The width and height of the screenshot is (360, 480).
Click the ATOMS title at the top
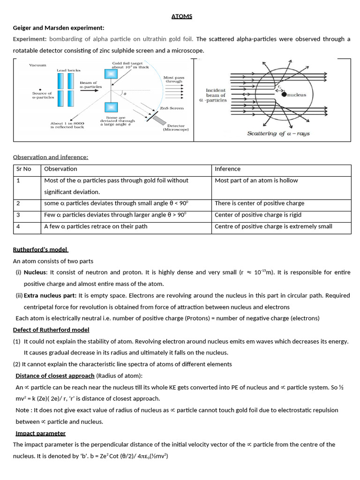click(181, 16)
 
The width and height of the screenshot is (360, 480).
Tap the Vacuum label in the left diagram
click(37, 65)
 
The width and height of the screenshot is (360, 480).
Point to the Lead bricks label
click(68, 70)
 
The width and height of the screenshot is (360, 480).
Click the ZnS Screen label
click(172, 108)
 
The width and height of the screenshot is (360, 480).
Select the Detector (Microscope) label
click(176, 127)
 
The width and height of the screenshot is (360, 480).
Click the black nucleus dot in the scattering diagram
click(284, 94)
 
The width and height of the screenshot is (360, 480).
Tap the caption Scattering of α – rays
click(278, 133)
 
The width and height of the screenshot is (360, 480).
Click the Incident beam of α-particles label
click(216, 95)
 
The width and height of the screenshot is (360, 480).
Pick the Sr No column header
click(24, 169)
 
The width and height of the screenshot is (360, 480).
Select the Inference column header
click(227, 169)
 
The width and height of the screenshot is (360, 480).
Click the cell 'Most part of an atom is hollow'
click(256, 180)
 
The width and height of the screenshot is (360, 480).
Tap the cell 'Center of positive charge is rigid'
click(258, 215)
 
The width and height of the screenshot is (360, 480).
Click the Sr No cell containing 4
click(18, 226)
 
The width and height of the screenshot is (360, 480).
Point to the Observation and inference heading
click(51, 157)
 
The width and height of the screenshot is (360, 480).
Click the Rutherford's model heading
click(40, 249)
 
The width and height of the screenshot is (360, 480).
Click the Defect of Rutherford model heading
click(51, 330)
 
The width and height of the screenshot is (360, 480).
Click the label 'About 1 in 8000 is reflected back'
click(67, 125)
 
